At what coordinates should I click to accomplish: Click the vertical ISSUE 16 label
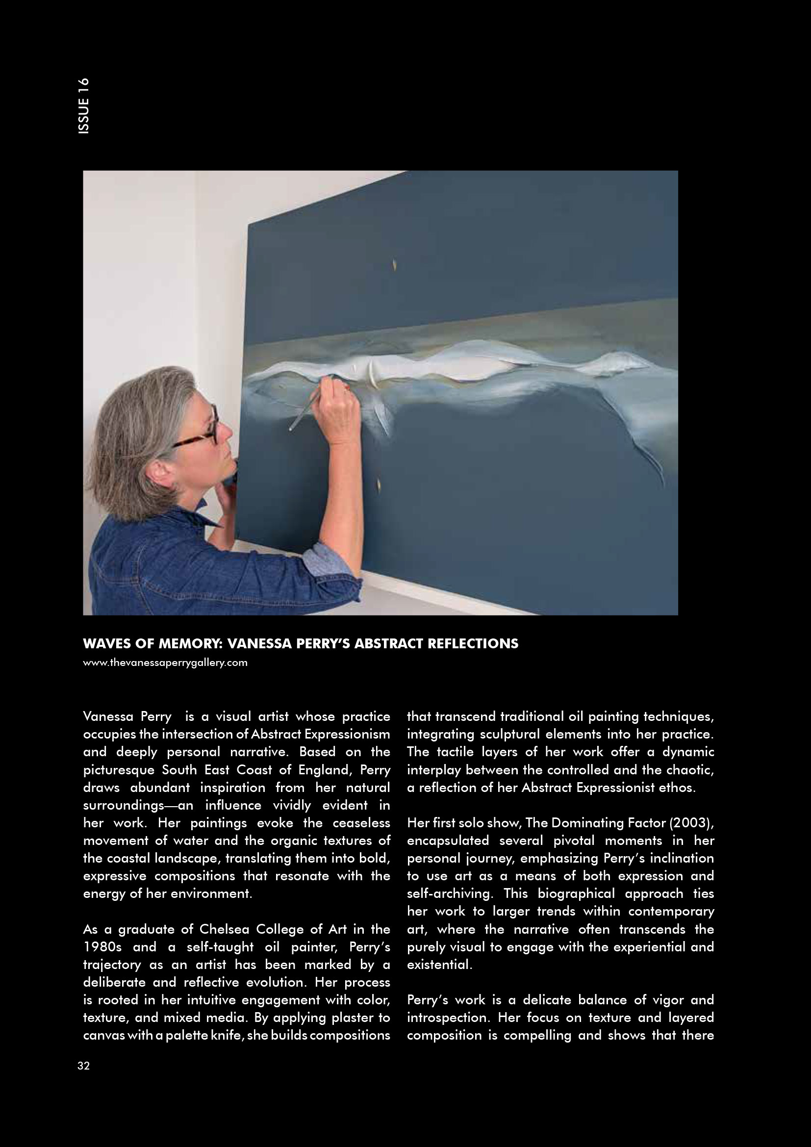tap(84, 105)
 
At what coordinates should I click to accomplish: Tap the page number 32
tap(83, 1066)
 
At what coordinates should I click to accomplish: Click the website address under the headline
tap(165, 663)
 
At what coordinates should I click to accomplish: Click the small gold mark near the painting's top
tap(395, 265)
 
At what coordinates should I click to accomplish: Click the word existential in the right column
tap(438, 965)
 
